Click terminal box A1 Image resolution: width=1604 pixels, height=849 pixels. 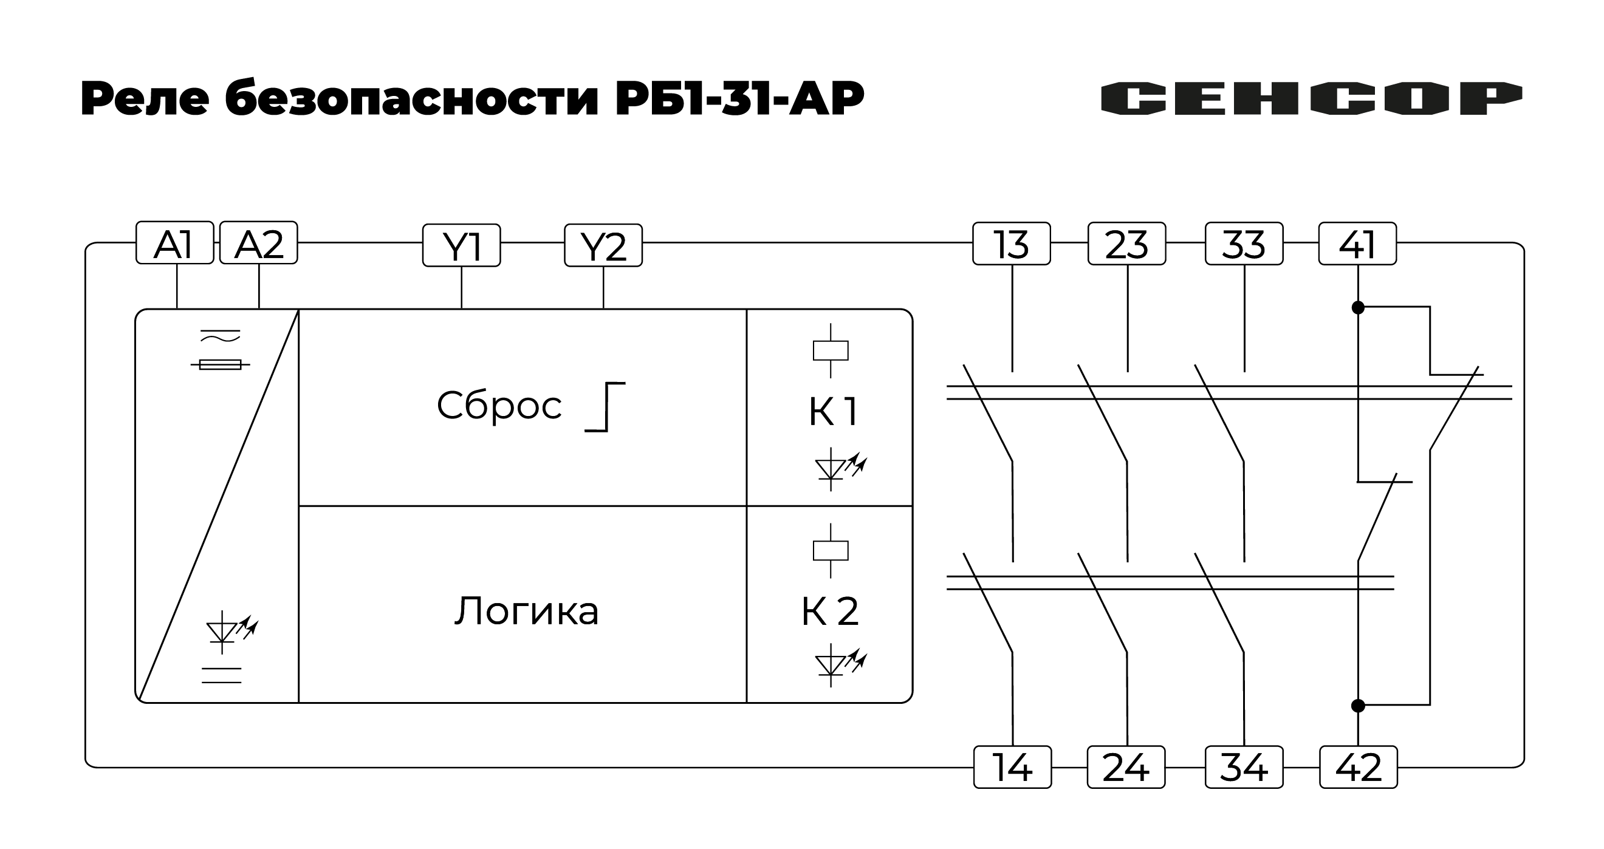pyautogui.click(x=174, y=244)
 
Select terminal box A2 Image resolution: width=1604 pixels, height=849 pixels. pyautogui.click(x=258, y=244)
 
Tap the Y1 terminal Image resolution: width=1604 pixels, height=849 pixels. pyautogui.click(x=461, y=246)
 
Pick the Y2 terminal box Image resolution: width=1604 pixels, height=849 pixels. pyautogui.click(x=603, y=246)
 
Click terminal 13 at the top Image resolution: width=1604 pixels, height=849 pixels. pyautogui.click(x=1011, y=244)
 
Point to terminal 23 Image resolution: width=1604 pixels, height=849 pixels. pyautogui.click(x=1126, y=244)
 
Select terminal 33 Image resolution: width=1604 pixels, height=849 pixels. pyautogui.click(x=1244, y=244)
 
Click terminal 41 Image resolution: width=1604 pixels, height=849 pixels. pyautogui.click(x=1357, y=244)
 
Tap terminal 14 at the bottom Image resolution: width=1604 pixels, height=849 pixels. pyautogui.click(x=1012, y=767)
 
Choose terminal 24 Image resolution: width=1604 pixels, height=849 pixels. pyautogui.click(x=1126, y=767)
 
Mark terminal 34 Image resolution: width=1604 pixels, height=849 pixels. pyautogui.click(x=1244, y=767)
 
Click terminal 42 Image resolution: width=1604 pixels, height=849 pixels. pyautogui.click(x=1358, y=767)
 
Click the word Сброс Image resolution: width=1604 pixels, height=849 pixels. pyautogui.click(x=499, y=406)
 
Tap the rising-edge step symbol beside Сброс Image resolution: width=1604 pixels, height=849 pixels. pyautogui.click(x=605, y=407)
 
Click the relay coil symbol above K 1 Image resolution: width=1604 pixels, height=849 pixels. pyautogui.click(x=830, y=350)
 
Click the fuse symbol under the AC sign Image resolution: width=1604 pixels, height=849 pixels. pyautogui.click(x=220, y=365)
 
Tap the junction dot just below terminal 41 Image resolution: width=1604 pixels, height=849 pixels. pyautogui.click(x=1358, y=308)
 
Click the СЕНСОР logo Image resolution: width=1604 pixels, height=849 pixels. pyautogui.click(x=1311, y=98)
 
